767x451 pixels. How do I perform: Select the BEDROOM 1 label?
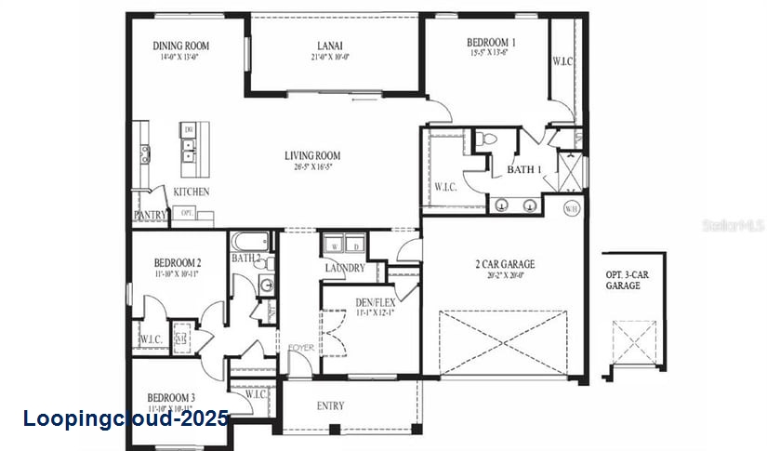(x=492, y=42)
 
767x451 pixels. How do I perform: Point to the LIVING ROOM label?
(x=312, y=155)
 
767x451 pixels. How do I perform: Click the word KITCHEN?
(x=192, y=192)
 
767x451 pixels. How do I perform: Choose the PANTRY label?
(x=150, y=215)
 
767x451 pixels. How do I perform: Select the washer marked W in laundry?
(x=334, y=245)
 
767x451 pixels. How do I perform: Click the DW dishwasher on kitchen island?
(x=188, y=129)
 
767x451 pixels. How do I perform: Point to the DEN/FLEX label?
(x=375, y=302)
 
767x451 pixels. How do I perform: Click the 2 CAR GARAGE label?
(x=504, y=264)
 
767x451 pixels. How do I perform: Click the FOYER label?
(x=299, y=348)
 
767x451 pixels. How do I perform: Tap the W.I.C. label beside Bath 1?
(x=445, y=187)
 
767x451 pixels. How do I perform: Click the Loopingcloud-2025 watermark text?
(x=125, y=418)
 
